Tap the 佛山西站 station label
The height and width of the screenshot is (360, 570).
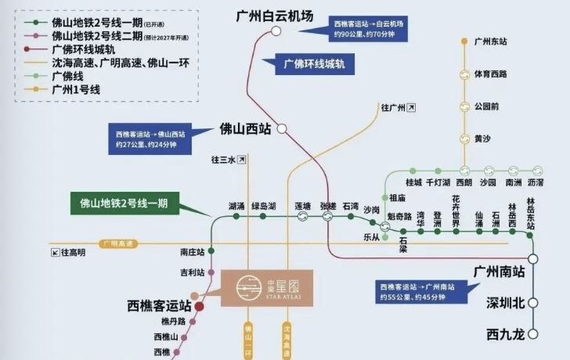point(246,127)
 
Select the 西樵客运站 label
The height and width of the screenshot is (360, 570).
point(159,305)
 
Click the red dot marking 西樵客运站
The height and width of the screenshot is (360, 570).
point(199,308)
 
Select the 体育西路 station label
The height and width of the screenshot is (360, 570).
point(491,74)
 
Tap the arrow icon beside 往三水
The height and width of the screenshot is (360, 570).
point(242,160)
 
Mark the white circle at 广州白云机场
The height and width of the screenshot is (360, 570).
point(276,31)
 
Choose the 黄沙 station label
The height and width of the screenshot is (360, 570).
point(482,139)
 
